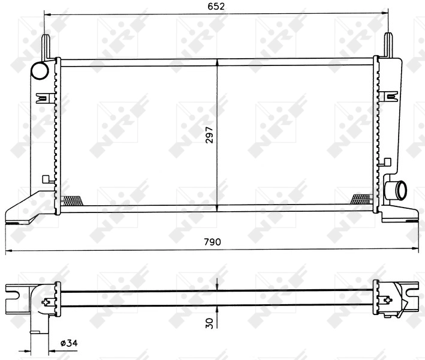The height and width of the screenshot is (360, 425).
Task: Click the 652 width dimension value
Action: pos(216,7)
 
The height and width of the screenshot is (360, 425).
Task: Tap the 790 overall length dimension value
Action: pos(213,242)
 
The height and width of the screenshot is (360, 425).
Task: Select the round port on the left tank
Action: pos(40,71)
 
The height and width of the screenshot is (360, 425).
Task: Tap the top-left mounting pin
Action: pos(46,46)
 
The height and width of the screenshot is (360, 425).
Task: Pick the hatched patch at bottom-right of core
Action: pos(361,199)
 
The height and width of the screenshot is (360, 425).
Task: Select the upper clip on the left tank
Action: pos(43,97)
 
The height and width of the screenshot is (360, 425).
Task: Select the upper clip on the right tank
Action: pos(391,97)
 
